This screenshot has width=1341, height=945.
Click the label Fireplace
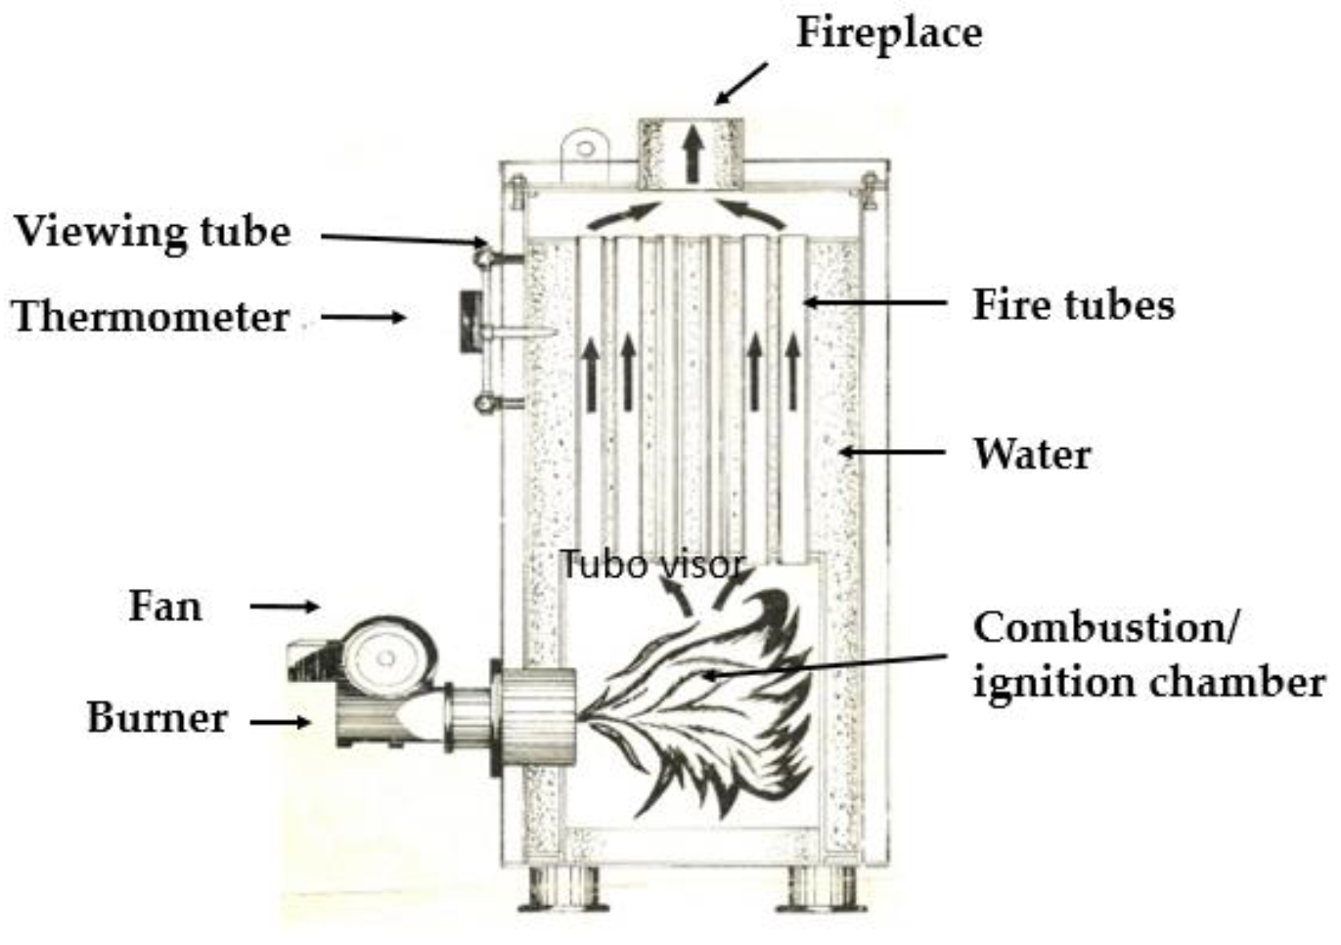click(x=888, y=33)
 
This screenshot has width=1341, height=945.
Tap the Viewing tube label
click(x=153, y=233)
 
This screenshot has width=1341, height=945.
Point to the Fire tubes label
click(x=1073, y=305)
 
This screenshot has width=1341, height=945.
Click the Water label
click(x=1032, y=454)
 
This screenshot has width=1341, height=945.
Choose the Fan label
click(x=165, y=607)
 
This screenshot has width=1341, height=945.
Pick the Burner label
click(x=156, y=718)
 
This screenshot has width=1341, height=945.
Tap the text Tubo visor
click(x=651, y=564)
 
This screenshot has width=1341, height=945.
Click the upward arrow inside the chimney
click(x=693, y=155)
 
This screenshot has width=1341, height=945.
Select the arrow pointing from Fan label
click(x=285, y=607)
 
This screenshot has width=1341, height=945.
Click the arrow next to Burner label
click(x=281, y=723)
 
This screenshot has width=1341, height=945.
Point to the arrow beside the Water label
click(x=891, y=452)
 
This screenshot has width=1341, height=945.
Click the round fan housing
click(x=387, y=657)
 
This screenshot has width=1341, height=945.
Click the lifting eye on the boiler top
click(x=585, y=149)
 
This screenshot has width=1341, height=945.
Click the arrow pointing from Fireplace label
click(x=741, y=83)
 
